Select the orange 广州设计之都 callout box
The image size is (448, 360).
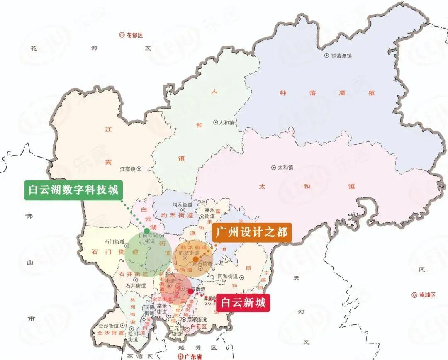point(252,232)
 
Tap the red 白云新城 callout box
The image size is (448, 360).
point(243,303)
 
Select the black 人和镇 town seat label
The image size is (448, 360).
point(224,122)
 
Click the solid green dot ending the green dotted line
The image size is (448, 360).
point(147,231)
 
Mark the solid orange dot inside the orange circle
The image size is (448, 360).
point(196,259)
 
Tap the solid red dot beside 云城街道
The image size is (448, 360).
point(190,292)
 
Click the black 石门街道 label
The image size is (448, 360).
point(114,241)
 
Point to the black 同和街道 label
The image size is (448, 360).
point(228,276)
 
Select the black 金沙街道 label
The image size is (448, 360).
point(109,326)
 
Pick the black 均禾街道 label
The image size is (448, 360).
point(183,205)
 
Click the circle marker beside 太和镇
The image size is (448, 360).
point(273,168)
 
